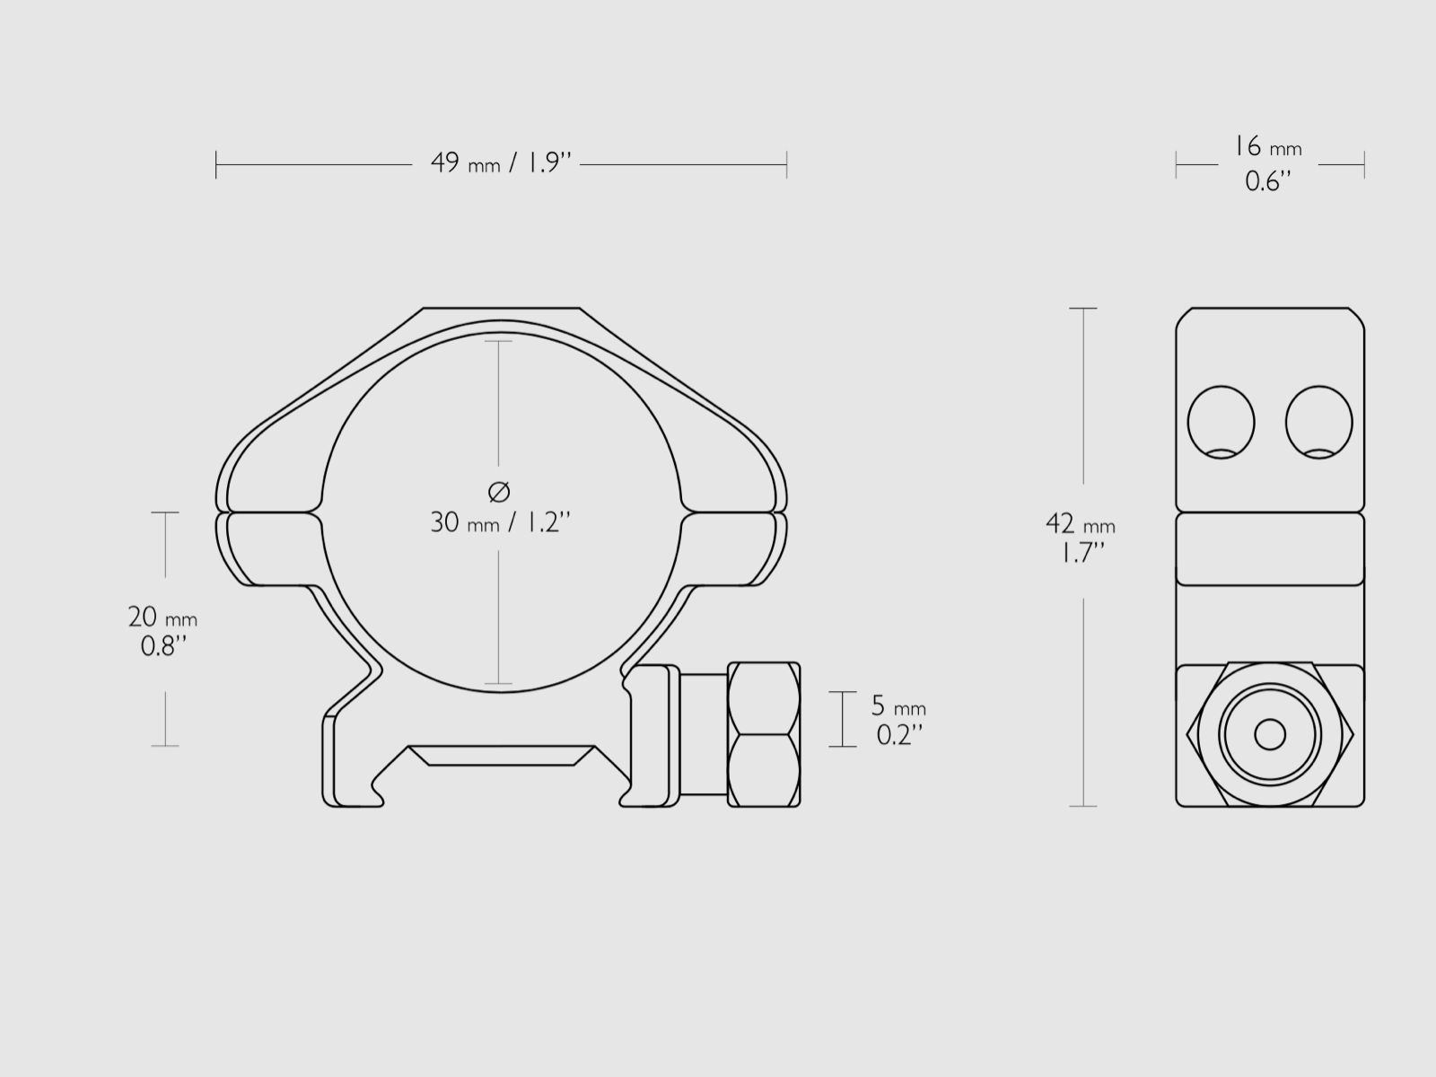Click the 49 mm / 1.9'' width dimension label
[501, 163]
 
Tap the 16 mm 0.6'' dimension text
[1268, 163]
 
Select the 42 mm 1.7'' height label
[1080, 538]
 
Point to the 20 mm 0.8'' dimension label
[162, 631]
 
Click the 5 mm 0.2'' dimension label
[898, 720]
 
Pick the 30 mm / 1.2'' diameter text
[500, 522]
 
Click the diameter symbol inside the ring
[499, 492]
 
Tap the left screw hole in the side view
[1221, 422]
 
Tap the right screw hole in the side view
[1318, 422]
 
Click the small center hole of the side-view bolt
[1269, 734]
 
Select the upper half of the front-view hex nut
[764, 698]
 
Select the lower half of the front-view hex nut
[764, 770]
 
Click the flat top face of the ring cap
[501, 310]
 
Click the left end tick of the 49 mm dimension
[216, 164]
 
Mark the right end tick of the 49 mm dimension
[787, 164]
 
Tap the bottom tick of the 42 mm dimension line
[1083, 806]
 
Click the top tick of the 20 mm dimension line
[165, 512]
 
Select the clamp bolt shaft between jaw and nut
[703, 734]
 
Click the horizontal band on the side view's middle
[1270, 549]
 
